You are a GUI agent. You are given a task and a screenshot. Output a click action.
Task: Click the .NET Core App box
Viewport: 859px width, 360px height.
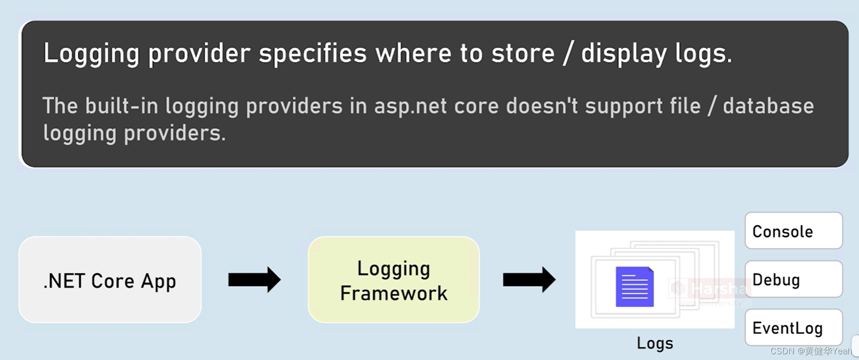coord(110,280)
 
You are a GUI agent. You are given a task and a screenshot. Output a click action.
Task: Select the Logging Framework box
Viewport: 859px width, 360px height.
coord(394,280)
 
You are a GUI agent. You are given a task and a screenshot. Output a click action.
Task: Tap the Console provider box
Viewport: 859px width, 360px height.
coord(793,231)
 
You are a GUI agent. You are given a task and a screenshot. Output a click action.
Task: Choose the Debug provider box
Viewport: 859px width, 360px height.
coord(793,279)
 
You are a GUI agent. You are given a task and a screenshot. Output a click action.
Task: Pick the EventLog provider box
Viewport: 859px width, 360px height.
coord(793,328)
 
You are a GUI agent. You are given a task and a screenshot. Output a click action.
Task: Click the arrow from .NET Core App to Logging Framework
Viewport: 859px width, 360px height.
coord(254,280)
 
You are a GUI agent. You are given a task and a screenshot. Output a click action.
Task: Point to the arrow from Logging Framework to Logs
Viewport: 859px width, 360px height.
coord(529,280)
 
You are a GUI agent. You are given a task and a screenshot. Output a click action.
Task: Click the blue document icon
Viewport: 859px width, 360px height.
coord(634,287)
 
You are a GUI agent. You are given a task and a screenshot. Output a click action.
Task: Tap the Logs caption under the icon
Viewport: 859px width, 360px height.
coord(655,343)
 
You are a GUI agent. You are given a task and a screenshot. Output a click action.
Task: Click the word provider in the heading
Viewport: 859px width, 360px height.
coord(199,53)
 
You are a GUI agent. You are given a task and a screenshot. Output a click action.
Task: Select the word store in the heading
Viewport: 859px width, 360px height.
coord(523,53)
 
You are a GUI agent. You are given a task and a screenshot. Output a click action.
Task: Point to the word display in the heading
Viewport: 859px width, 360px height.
coord(623,53)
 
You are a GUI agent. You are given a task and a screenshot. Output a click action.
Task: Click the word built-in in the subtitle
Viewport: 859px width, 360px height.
coord(121,106)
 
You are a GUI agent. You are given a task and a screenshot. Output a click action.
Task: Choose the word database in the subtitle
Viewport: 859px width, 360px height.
coord(768,106)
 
